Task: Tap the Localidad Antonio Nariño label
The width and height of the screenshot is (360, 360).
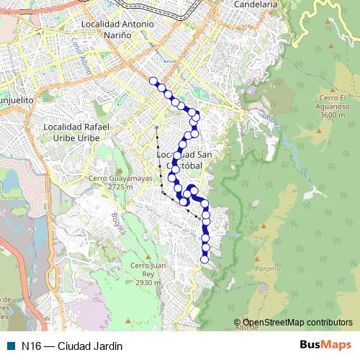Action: (119, 29)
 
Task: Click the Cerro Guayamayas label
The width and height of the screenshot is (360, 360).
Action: (121, 179)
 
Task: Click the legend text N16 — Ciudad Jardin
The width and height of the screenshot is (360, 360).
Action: (72, 346)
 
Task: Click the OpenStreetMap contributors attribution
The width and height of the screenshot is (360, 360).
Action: (297, 323)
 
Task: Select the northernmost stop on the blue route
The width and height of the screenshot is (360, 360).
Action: (153, 81)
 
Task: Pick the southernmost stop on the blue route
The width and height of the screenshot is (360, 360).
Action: (204, 258)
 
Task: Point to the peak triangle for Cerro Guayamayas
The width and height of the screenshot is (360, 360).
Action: (120, 169)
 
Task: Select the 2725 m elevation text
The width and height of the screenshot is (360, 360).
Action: (121, 187)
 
